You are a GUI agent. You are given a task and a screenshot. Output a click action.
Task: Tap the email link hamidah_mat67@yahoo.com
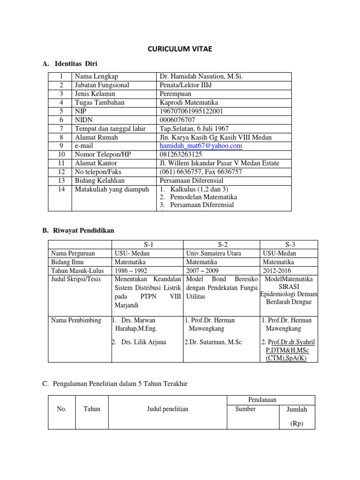point(201,146)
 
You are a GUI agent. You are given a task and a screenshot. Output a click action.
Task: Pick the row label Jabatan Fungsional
point(102,85)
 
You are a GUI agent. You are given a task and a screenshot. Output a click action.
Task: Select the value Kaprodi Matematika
point(189,102)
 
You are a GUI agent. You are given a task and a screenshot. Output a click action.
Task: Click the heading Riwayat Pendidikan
point(84,230)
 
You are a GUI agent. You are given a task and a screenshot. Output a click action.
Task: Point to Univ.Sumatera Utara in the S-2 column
point(214,254)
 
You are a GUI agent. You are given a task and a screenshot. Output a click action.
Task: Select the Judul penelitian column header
point(167,409)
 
